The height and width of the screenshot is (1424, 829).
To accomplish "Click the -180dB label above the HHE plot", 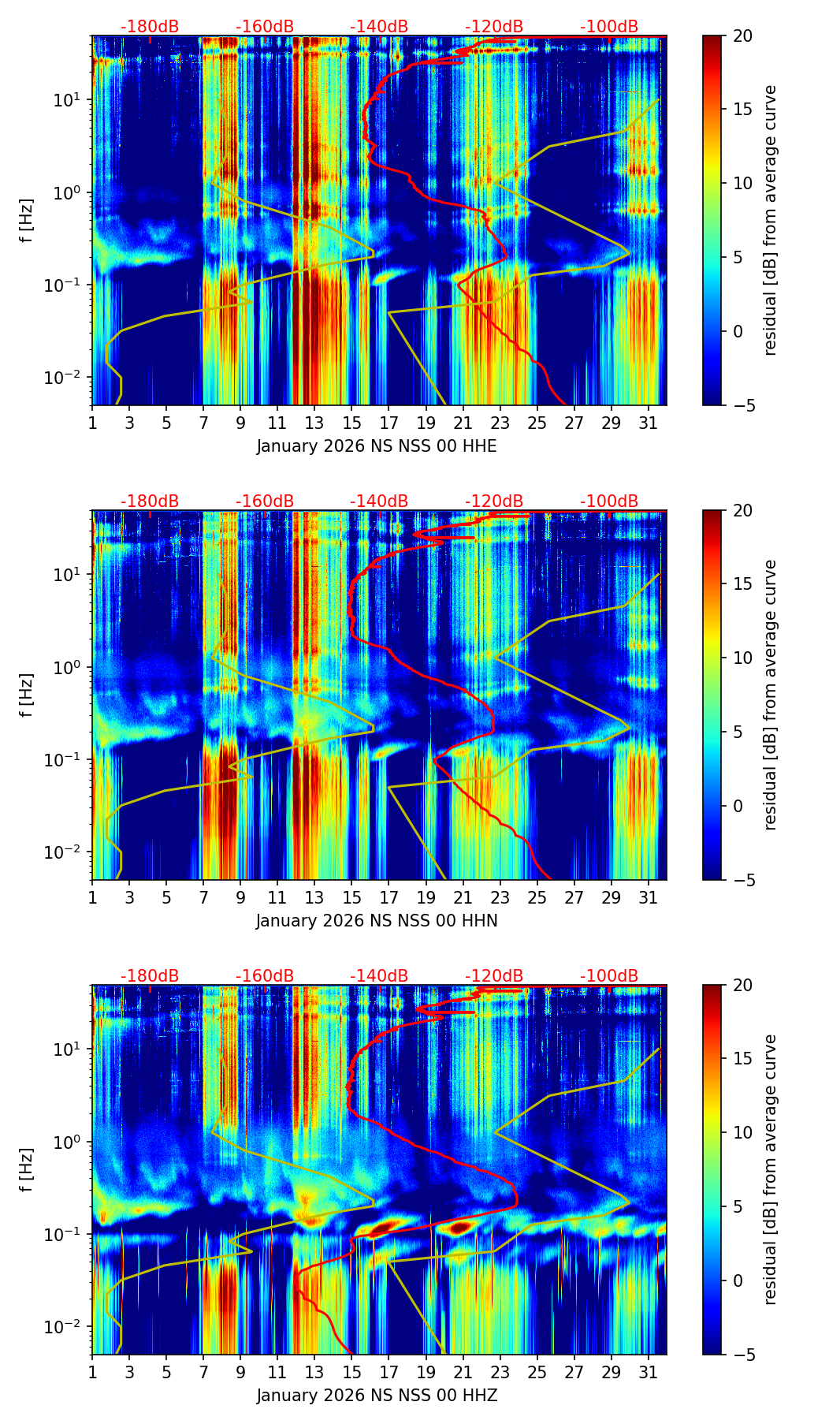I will tap(150, 27).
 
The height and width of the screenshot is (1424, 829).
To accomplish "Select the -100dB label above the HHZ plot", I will tap(609, 976).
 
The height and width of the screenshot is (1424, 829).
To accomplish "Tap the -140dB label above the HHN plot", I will tap(379, 501).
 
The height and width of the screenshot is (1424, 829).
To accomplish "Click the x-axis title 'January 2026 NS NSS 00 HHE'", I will tap(377, 446).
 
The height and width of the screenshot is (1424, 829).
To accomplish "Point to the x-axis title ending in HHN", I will tap(377, 921).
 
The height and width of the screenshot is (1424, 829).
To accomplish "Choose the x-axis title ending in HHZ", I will tap(377, 1396).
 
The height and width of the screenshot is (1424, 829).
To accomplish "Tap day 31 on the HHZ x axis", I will tap(649, 1371).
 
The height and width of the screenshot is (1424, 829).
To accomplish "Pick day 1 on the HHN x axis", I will tap(92, 897).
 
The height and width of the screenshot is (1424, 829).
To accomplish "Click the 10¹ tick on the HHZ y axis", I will tap(70, 1049).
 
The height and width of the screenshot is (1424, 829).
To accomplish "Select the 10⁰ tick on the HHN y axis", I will tap(70, 667).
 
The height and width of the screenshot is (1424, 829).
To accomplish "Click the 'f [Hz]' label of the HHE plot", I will tap(27, 221).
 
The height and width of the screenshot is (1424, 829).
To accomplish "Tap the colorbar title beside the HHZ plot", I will tap(770, 1169).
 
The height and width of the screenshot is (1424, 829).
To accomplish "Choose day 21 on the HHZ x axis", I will tap(463, 1371).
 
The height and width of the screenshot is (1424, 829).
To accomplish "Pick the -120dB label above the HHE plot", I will tap(494, 27).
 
